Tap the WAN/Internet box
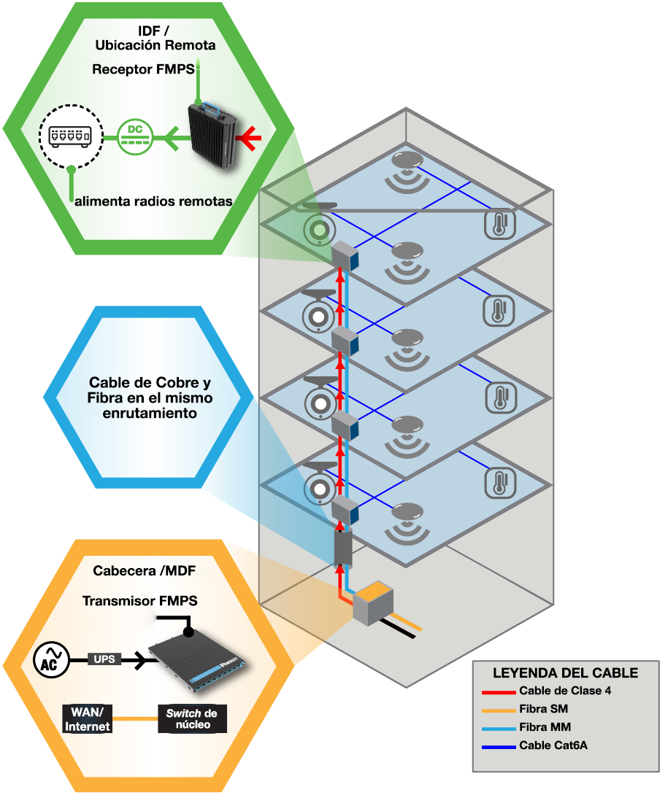[87, 718]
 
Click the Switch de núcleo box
[192, 718]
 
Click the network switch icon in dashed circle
[69, 136]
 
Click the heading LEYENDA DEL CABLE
[565, 672]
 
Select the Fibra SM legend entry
[543, 709]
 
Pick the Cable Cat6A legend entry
[553, 745]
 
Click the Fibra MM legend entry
[545, 727]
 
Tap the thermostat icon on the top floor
[500, 225]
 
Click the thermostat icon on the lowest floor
[500, 484]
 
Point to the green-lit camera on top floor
[319, 228]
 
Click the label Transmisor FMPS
[139, 601]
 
